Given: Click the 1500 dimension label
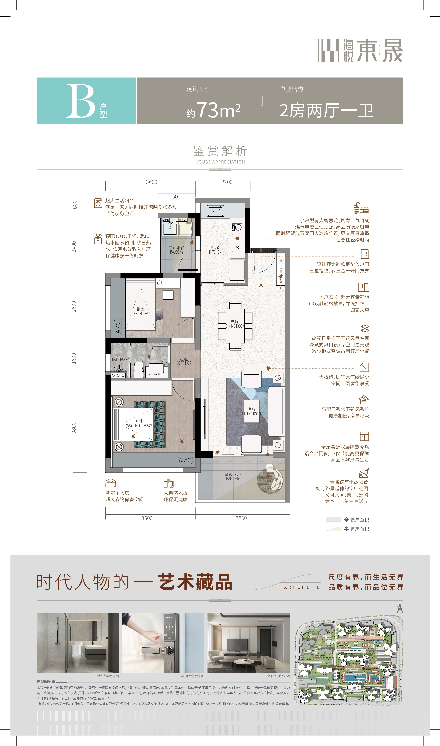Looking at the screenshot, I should pyautogui.click(x=175, y=197).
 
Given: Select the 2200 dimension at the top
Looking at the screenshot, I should pyautogui.click(x=227, y=182).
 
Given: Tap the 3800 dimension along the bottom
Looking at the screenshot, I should pyautogui.click(x=241, y=518).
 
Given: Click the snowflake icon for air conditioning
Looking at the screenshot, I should pyautogui.click(x=364, y=328).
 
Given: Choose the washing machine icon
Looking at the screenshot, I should pyautogui.click(x=98, y=203).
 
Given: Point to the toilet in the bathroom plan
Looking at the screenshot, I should pyautogui.click(x=138, y=369).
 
